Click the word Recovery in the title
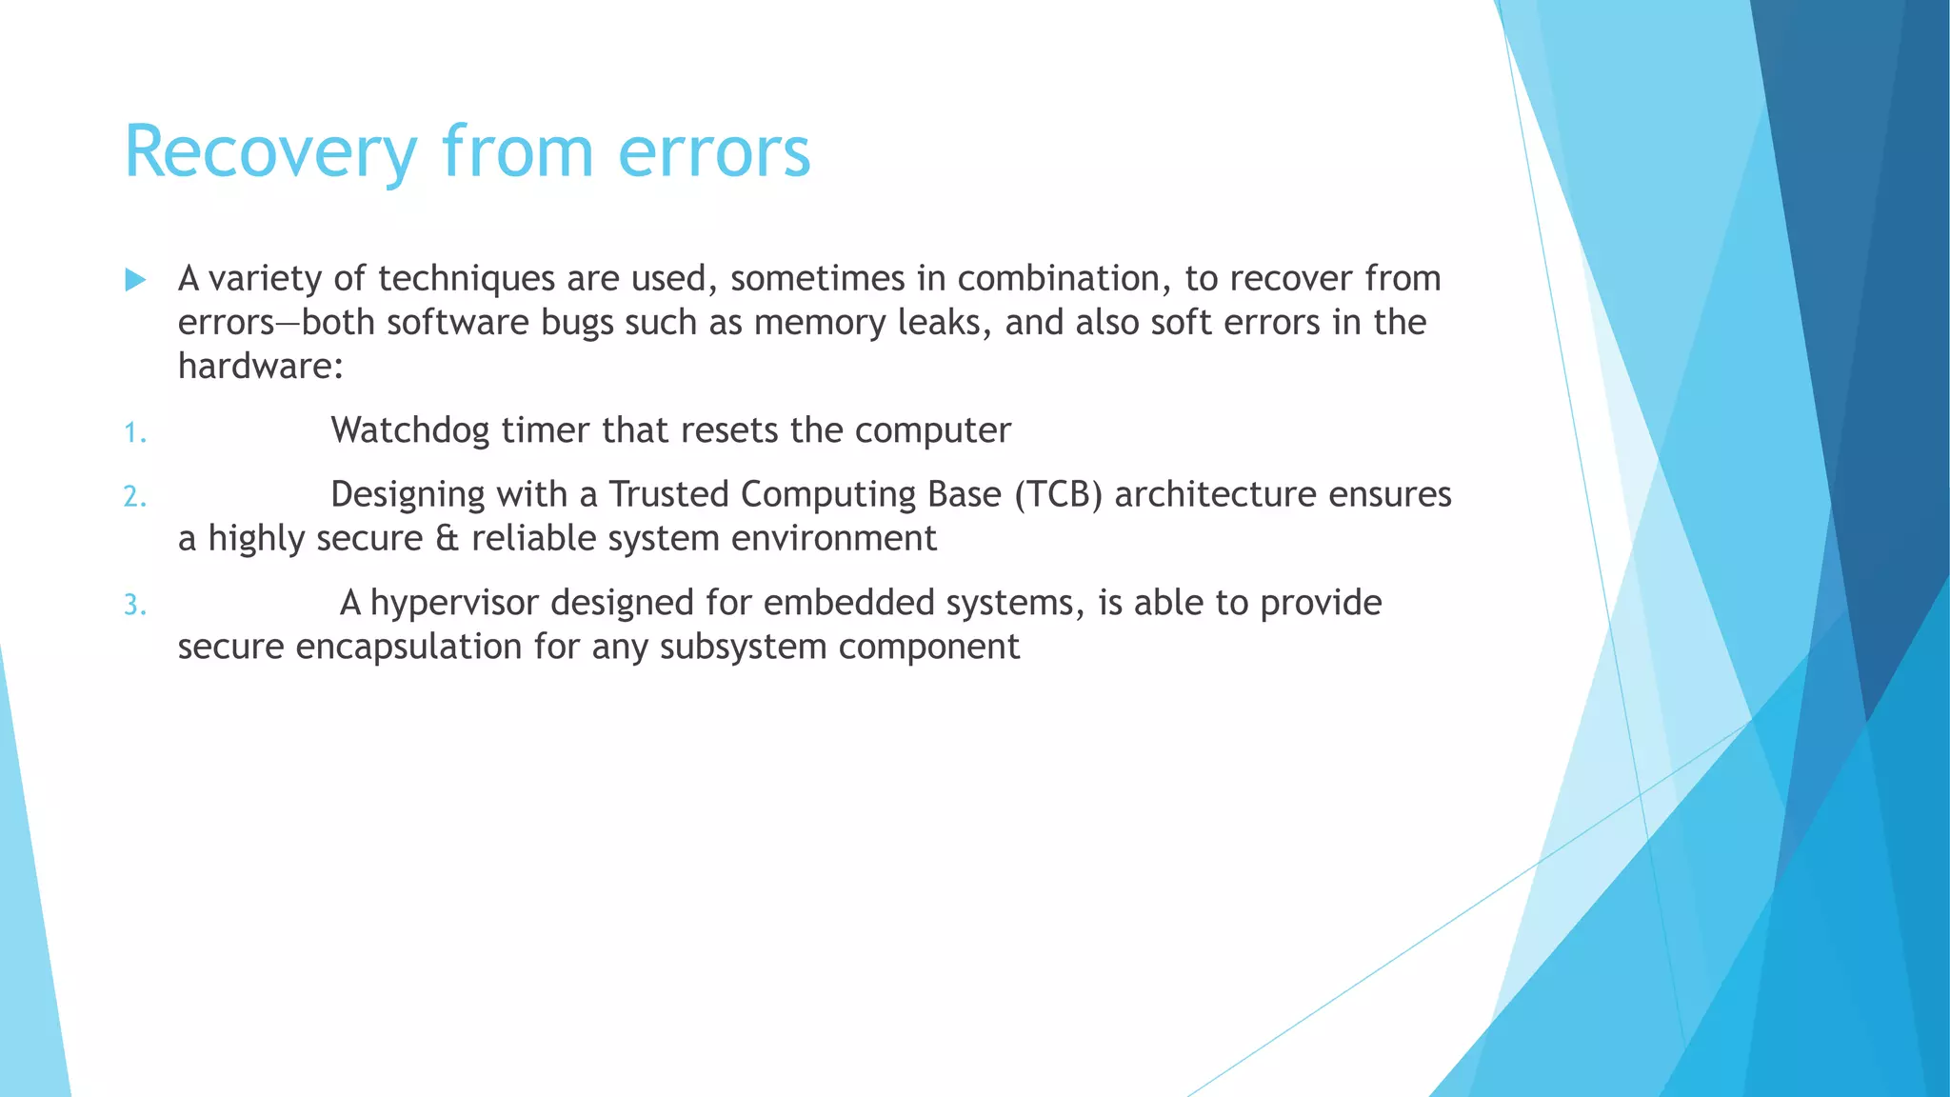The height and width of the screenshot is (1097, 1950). pos(270,152)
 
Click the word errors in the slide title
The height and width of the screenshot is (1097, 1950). pos(714,152)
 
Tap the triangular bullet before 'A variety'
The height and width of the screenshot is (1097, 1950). pos(135,280)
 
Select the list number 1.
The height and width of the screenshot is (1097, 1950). pos(134,434)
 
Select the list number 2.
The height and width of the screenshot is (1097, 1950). pos(134,497)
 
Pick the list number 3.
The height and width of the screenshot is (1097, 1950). pos(134,606)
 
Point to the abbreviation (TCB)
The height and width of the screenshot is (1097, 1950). pos(1058,494)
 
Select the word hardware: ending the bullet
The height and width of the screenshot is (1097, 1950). pos(260,366)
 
